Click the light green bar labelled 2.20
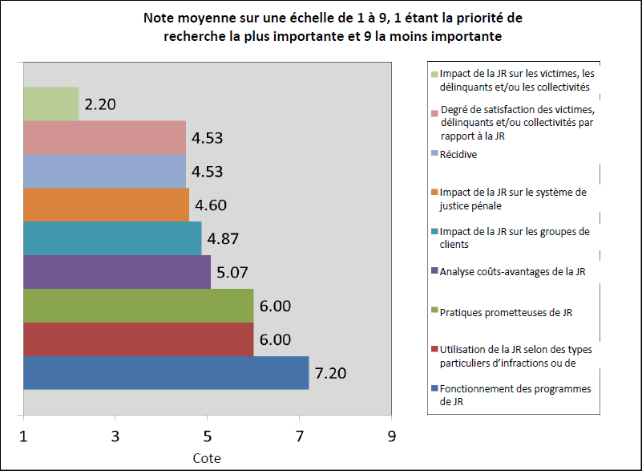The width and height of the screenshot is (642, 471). [51, 104]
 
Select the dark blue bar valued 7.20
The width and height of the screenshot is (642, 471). [166, 373]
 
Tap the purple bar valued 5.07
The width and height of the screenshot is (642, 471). [117, 272]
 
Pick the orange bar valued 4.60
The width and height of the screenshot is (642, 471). [106, 205]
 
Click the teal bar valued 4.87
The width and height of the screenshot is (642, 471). [112, 238]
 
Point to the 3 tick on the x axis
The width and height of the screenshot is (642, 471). [115, 438]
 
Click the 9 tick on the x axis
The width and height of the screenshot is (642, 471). [391, 438]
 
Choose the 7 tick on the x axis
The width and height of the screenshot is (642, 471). [300, 438]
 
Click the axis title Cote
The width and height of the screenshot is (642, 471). [207, 458]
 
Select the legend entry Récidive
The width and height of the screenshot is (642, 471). [458, 154]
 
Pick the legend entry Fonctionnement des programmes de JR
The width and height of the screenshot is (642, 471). [515, 395]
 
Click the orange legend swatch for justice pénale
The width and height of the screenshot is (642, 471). [434, 193]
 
